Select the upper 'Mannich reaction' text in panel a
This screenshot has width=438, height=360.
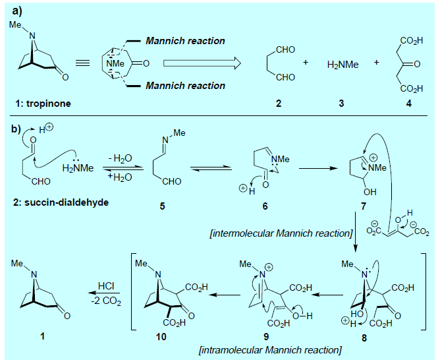[185, 41]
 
